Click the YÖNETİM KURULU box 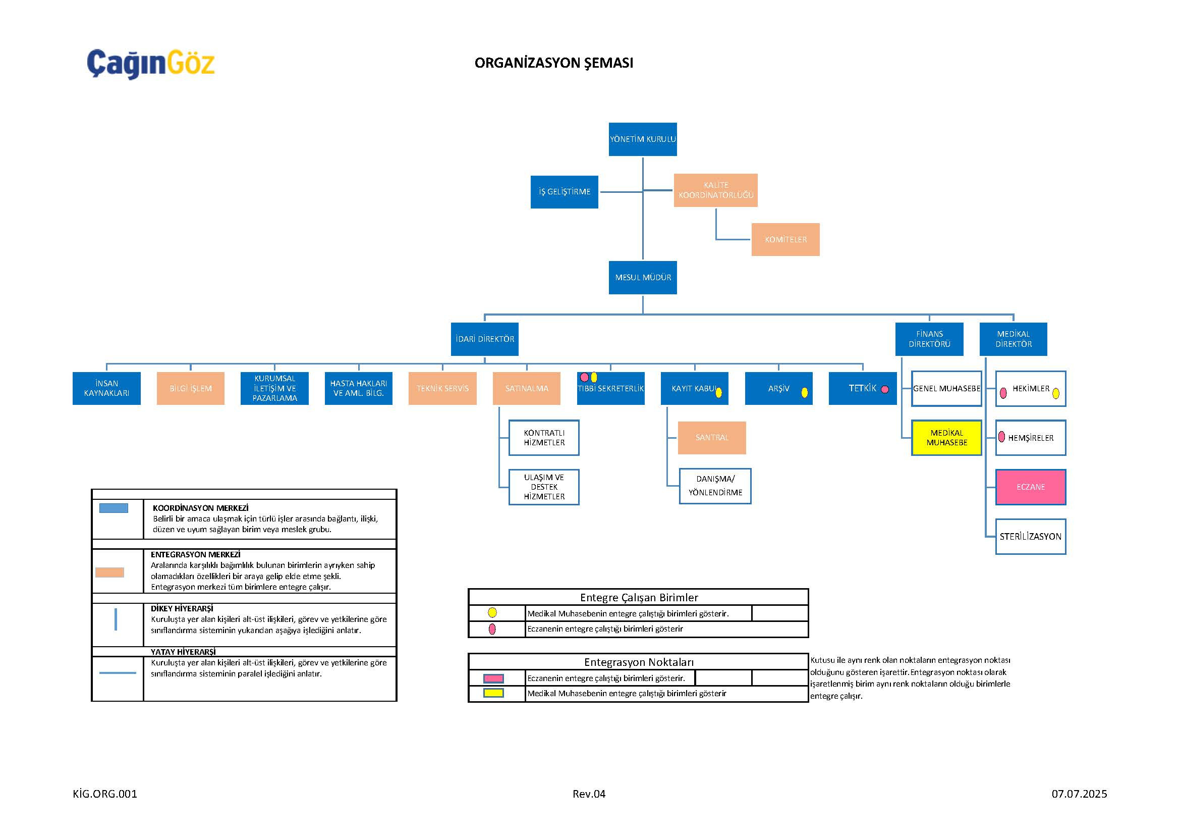(642, 139)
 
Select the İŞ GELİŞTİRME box (565, 192)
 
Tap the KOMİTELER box (785, 240)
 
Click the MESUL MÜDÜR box (642, 278)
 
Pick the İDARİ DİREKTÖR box (485, 339)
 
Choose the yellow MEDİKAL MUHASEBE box (946, 438)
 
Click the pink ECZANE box (1031, 487)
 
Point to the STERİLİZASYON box (1031, 537)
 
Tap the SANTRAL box (712, 438)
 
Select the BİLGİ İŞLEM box (191, 389)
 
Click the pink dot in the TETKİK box (885, 389)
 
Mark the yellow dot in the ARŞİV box (804, 393)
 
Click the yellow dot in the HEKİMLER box (1055, 394)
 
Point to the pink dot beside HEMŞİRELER (1002, 437)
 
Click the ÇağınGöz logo (150, 64)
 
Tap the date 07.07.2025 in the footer (1079, 794)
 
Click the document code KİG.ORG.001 (105, 794)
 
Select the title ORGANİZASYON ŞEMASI (553, 63)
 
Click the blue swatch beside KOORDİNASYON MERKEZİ (114, 508)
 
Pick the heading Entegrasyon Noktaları (638, 662)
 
